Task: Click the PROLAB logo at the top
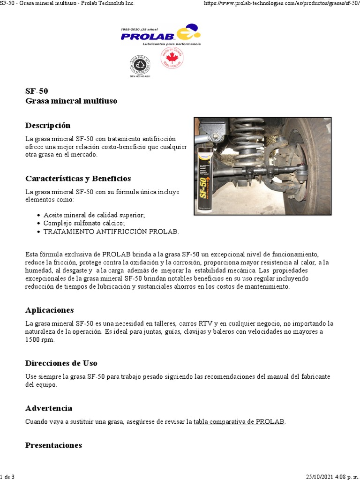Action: tap(160, 34)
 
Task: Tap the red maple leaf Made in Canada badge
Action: tap(172, 59)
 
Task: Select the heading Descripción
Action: tap(48, 125)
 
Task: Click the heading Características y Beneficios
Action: tap(78, 179)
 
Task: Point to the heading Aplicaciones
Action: tap(49, 310)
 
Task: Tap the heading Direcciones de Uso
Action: tap(61, 363)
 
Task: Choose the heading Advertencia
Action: tap(49, 408)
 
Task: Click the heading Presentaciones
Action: tap(53, 445)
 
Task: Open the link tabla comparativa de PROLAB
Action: tap(239, 421)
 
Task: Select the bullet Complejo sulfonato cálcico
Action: tap(84, 224)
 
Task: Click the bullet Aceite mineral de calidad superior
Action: tap(94, 215)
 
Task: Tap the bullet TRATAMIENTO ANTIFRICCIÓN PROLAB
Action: tap(111, 232)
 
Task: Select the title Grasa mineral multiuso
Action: tap(71, 101)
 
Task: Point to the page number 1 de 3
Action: tap(7, 477)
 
